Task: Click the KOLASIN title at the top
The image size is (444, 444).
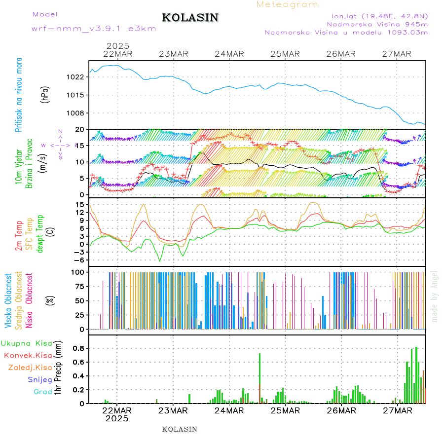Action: [x=190, y=18]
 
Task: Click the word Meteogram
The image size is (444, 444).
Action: [x=288, y=4]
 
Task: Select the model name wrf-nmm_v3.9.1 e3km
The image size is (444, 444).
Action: [x=94, y=29]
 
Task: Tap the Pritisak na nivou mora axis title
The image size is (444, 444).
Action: [x=19, y=95]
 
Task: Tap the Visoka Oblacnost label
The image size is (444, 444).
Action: [x=8, y=300]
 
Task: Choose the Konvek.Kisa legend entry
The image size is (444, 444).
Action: [x=28, y=355]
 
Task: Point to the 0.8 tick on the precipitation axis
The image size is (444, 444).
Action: [x=79, y=348]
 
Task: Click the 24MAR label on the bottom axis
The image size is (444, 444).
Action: [x=229, y=410]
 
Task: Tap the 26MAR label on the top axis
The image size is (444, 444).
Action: [x=341, y=54]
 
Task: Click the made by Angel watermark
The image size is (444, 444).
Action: [x=435, y=296]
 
